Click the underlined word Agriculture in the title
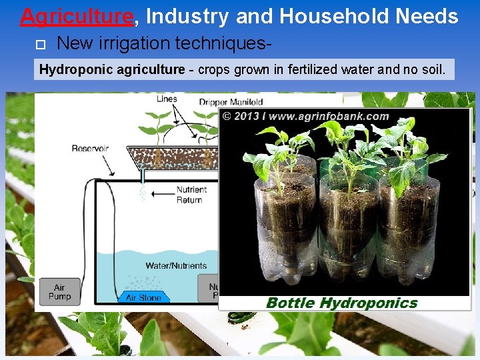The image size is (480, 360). pos(77,15)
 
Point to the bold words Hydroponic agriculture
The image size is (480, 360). pos(112,69)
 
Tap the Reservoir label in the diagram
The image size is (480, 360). pos(90,148)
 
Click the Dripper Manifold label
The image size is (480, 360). pos(231,102)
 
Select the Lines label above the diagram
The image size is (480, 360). pos(167,99)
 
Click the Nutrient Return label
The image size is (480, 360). pos(191,195)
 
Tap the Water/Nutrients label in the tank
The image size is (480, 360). pos(176,265)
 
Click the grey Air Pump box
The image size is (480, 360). pos(59,292)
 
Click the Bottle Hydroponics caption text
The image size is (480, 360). pos(341,303)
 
